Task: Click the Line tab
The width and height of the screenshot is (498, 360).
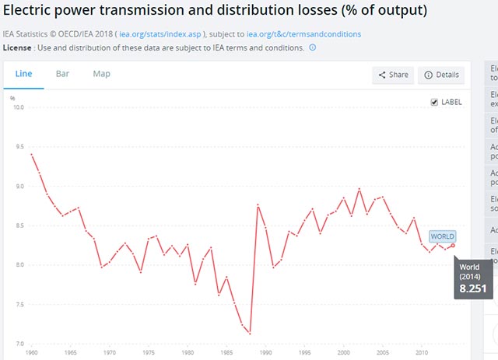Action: [23, 74]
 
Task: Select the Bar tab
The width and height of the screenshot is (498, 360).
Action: [62, 74]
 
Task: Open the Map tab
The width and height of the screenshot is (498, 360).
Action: [101, 74]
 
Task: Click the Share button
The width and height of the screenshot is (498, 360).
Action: [393, 75]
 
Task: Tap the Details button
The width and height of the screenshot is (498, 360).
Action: [441, 75]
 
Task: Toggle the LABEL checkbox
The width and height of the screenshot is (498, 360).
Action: [434, 102]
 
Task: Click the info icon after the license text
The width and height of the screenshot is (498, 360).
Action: [313, 47]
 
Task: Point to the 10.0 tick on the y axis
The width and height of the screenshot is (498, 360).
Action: [21, 107]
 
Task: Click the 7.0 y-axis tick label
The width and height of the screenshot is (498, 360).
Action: [21, 344]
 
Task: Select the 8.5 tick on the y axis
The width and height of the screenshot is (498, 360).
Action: [21, 225]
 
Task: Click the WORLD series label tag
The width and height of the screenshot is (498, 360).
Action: [441, 236]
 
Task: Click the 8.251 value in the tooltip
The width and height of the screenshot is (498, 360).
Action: [472, 288]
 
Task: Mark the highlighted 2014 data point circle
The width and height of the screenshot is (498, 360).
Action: [453, 245]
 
